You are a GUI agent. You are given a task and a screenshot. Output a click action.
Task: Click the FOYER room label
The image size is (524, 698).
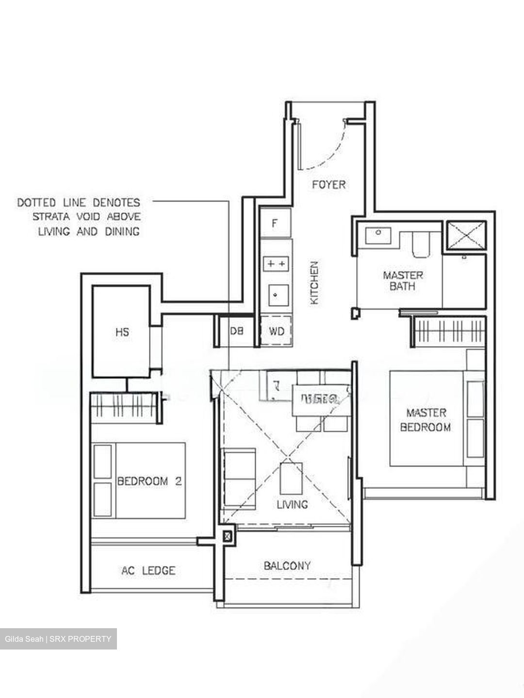(328, 185)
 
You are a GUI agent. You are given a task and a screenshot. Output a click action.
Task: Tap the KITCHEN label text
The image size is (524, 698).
(315, 283)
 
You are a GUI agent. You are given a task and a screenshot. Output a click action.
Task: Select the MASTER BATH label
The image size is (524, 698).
(403, 281)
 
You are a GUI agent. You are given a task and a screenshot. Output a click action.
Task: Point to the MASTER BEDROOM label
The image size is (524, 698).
(426, 420)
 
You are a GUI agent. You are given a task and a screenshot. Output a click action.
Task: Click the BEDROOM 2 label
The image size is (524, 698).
(149, 481)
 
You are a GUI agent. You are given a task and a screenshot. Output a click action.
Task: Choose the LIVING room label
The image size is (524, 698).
(292, 505)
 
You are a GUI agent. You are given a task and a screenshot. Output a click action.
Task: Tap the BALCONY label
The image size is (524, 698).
(287, 566)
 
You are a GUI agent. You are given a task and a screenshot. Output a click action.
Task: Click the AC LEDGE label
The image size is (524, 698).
(148, 571)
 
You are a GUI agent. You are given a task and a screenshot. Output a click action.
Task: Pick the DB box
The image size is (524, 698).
(236, 331)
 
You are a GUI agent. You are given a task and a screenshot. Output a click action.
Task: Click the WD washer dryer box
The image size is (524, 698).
(276, 331)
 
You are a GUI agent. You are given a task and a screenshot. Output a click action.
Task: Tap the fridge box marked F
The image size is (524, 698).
(275, 223)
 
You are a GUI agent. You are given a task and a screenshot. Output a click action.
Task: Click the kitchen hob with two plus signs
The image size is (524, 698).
(275, 264)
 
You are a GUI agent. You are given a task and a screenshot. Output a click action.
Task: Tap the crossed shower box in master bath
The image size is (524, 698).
(465, 237)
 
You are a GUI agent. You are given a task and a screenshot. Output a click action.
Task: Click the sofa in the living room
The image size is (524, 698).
(238, 479)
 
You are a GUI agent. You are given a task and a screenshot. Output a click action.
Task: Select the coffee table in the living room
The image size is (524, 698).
(291, 478)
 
